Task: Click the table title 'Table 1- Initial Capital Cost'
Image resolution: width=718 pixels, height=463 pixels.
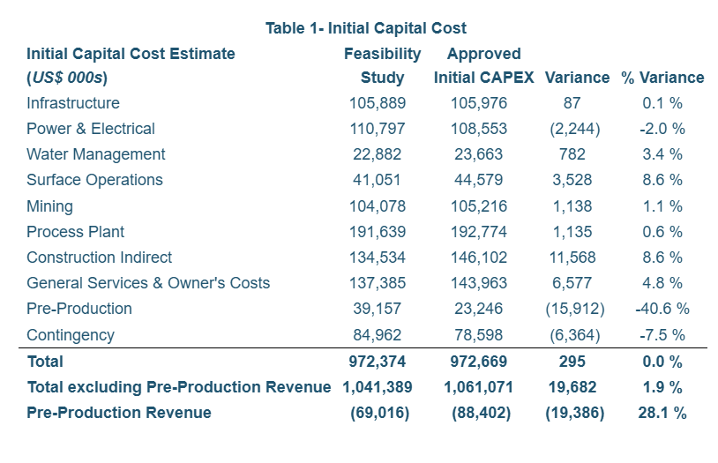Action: (x=366, y=28)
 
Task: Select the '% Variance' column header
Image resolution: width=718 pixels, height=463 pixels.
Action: (x=662, y=78)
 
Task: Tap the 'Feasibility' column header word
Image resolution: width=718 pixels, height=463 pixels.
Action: (x=382, y=54)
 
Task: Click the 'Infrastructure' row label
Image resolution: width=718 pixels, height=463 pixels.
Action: (x=73, y=103)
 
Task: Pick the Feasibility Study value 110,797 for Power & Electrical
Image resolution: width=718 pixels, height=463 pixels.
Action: (x=378, y=129)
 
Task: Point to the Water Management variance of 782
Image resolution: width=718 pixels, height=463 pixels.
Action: (x=572, y=154)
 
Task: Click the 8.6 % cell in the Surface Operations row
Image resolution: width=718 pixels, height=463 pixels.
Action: (x=662, y=180)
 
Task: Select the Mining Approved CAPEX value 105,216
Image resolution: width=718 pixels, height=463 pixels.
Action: (x=479, y=206)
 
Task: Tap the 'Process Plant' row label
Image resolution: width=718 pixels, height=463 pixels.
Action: (x=76, y=232)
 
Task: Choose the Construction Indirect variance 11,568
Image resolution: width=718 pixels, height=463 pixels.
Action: (x=572, y=258)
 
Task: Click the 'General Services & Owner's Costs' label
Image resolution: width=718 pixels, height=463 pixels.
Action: (x=148, y=283)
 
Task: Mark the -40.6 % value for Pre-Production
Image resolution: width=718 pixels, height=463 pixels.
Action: (x=662, y=309)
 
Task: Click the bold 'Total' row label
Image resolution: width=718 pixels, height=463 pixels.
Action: (x=45, y=362)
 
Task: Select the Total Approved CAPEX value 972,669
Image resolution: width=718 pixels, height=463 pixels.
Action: (x=479, y=362)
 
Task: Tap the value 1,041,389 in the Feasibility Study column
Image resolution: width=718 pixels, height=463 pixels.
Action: (x=378, y=387)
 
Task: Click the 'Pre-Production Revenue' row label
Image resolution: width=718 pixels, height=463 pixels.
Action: (x=119, y=413)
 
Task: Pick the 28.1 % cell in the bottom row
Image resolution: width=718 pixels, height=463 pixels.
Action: (x=662, y=413)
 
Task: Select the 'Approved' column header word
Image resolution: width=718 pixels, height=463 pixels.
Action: (x=483, y=54)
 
